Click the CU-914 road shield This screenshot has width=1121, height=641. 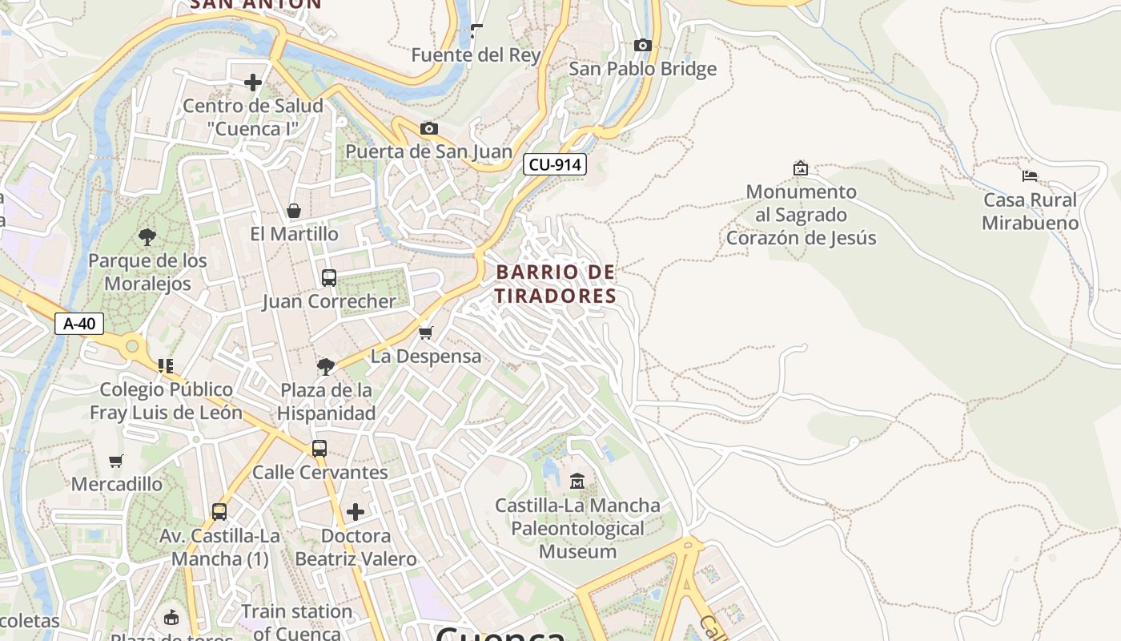click(555, 165)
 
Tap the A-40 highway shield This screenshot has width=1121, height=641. click(79, 324)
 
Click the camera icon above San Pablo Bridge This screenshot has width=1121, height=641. click(642, 46)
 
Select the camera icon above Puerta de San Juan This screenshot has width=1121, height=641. click(429, 128)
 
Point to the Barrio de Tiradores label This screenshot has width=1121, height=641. click(556, 284)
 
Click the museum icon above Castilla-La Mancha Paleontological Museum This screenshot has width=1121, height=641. click(577, 481)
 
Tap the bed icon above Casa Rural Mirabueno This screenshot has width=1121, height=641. click(1030, 175)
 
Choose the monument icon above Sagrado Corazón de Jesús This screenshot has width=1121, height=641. click(800, 168)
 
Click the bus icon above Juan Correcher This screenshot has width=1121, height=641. click(329, 278)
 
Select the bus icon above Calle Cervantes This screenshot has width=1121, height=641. click(319, 449)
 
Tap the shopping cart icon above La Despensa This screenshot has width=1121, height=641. click(426, 333)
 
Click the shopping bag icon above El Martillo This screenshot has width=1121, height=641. click(294, 211)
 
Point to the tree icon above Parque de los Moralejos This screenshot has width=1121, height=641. click(147, 236)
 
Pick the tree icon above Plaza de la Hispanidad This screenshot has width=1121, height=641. click(326, 367)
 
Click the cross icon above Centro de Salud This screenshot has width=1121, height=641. click(253, 82)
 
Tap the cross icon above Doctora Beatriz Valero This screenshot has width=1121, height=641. click(356, 511)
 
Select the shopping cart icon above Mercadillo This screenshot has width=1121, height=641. click(116, 461)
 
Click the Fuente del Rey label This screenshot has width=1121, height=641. click(476, 55)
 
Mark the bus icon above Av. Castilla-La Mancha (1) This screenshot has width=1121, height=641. click(219, 511)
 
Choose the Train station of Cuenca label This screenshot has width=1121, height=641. click(297, 622)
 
